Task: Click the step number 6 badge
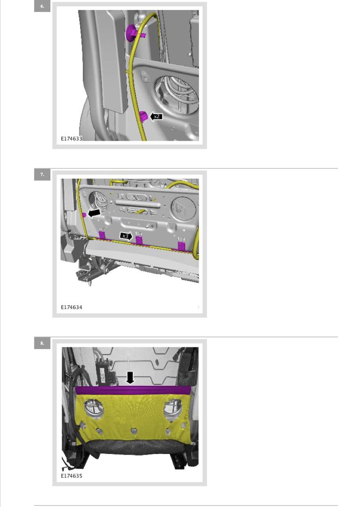click(42, 6)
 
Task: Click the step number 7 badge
click(42, 175)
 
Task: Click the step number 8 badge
click(42, 343)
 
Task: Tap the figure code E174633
click(71, 139)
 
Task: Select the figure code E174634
click(71, 307)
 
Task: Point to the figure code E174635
click(71, 476)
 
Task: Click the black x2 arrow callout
click(156, 116)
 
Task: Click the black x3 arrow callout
click(126, 236)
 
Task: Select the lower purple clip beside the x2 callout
click(143, 116)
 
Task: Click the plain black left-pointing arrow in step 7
click(94, 213)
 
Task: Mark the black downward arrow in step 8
click(130, 378)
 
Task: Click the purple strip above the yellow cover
click(133, 391)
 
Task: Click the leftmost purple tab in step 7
click(102, 235)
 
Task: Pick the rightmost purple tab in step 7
click(182, 246)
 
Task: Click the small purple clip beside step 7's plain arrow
click(84, 215)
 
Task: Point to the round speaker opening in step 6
click(176, 95)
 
